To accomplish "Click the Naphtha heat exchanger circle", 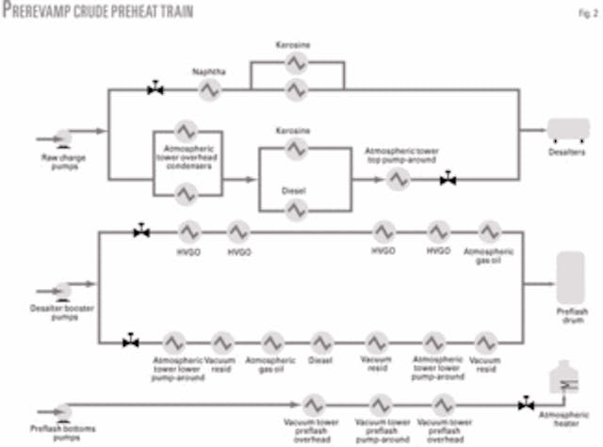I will [209, 89].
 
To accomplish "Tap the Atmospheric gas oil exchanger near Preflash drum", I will [489, 231].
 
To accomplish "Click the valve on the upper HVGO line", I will [141, 231].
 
